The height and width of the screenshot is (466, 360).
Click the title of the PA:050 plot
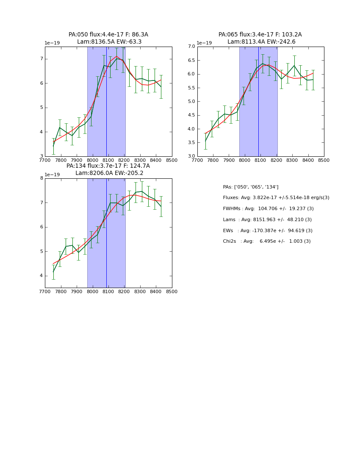click(x=108, y=38)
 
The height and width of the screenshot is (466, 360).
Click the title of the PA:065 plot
click(x=260, y=38)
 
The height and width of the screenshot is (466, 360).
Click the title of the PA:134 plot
click(x=108, y=169)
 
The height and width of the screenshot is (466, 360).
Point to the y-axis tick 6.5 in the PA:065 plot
click(x=191, y=60)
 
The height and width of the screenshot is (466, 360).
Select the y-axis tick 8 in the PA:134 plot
click(x=42, y=178)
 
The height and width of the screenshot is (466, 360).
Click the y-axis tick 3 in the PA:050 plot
click(x=42, y=156)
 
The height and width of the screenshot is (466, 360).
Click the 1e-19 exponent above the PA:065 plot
click(x=204, y=43)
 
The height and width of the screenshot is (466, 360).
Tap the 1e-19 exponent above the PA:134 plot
click(x=52, y=175)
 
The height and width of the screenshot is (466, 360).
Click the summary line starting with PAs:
click(x=250, y=187)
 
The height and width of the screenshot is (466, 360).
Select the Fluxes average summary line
click(x=276, y=198)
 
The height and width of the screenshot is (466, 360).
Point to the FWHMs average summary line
click(x=268, y=209)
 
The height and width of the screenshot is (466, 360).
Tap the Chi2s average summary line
click(x=266, y=241)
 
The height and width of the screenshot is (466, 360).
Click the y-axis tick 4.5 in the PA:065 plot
click(x=191, y=115)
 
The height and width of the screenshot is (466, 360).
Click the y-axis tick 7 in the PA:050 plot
click(x=42, y=59)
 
